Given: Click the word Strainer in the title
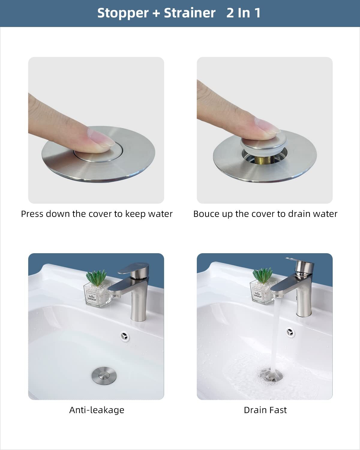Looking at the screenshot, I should tap(190, 13).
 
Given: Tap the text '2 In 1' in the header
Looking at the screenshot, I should tap(243, 13).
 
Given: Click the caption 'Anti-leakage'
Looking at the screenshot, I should tap(97, 410).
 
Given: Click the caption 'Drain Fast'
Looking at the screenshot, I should tap(265, 410).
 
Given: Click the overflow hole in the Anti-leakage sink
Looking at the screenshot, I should tap(124, 336).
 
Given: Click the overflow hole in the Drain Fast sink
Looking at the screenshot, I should tap(290, 332).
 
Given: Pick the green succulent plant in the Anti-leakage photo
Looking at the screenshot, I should tap(96, 277).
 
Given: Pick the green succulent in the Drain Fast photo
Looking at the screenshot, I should tap(262, 275).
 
